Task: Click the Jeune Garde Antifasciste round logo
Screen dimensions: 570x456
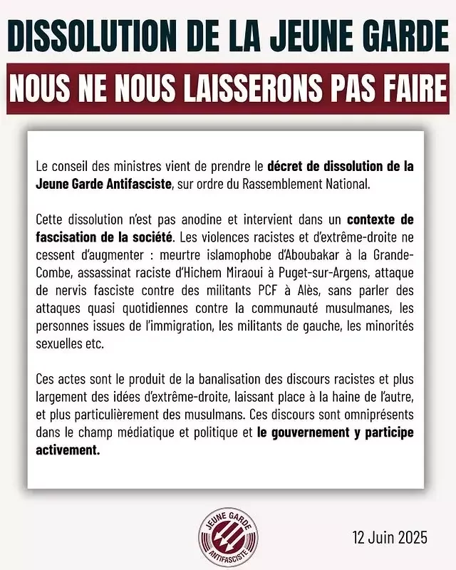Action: pyautogui.click(x=228, y=534)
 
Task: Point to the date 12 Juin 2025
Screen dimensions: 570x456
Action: pyautogui.click(x=389, y=537)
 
